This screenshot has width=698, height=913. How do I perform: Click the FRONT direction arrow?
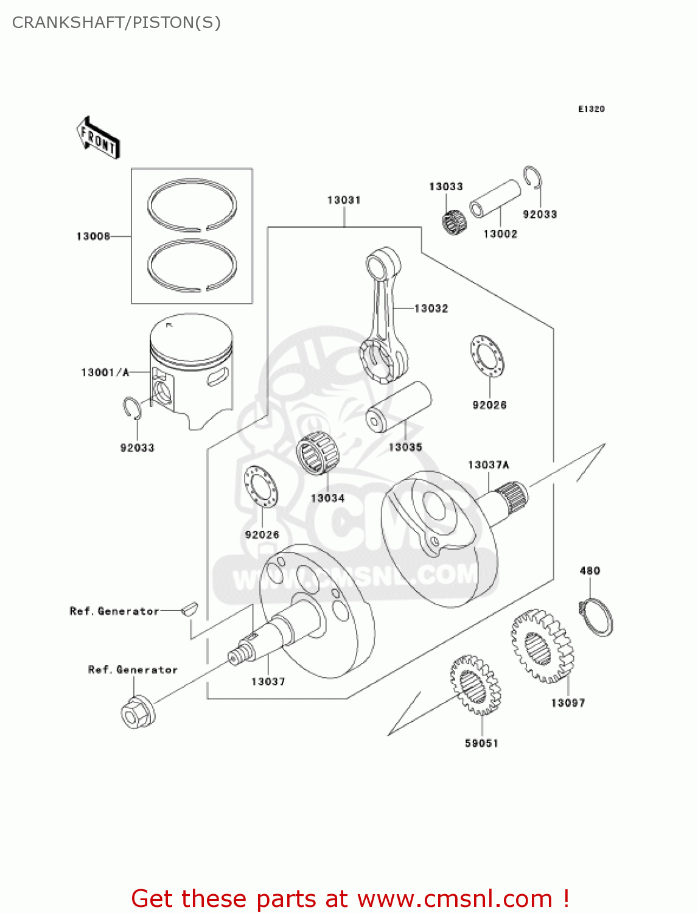click(x=97, y=138)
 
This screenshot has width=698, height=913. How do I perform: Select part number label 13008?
click(x=92, y=236)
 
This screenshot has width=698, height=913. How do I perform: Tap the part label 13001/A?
click(x=105, y=372)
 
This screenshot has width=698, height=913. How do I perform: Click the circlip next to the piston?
click(x=132, y=408)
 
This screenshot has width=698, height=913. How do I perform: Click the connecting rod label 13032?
click(x=431, y=309)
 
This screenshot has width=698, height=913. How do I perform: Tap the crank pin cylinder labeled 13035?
click(x=399, y=407)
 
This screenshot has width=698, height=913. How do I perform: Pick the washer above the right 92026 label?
click(x=487, y=356)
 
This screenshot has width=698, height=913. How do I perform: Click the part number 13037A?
click(x=488, y=465)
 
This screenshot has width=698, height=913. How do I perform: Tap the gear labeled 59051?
click(x=475, y=685)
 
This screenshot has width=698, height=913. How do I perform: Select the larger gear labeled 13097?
click(x=541, y=647)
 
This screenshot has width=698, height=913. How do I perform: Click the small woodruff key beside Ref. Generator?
click(x=189, y=608)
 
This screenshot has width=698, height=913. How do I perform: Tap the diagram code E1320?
click(x=591, y=109)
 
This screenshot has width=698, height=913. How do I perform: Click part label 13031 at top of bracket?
click(x=344, y=200)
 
